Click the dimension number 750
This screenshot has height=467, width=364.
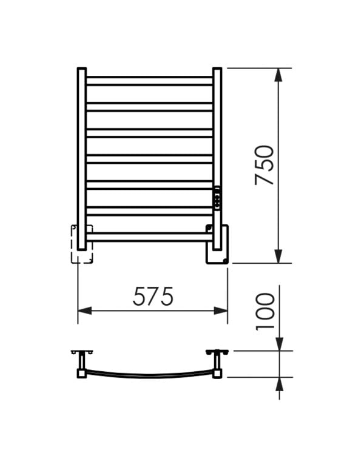pos(265,165)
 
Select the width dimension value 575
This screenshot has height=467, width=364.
pos(153,297)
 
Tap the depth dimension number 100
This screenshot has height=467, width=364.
pos(265,311)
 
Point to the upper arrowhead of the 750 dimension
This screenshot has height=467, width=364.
pos(278,75)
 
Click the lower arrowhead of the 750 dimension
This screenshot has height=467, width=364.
pos(278,257)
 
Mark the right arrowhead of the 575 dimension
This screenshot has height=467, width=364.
pos(221,311)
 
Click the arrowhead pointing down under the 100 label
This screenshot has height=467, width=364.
pos(278,344)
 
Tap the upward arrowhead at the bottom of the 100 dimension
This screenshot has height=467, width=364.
pos(278,384)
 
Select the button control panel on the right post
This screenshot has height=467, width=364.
pos(217,198)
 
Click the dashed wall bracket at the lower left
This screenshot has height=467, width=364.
pos(82,244)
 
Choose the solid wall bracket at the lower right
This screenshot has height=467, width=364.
pos(218,244)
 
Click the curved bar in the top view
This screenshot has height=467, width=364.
pos(149,375)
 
